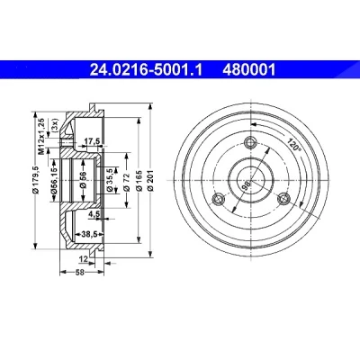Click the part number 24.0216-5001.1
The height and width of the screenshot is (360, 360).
(147, 70)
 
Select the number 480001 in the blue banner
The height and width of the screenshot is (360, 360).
(248, 70)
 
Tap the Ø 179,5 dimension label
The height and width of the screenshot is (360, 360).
(37, 180)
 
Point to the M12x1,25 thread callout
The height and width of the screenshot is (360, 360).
(42, 136)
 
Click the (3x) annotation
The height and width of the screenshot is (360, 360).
(55, 126)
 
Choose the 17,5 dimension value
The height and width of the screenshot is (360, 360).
(92, 141)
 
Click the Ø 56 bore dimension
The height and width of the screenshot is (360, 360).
(84, 180)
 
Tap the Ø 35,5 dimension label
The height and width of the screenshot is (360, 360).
(110, 180)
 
